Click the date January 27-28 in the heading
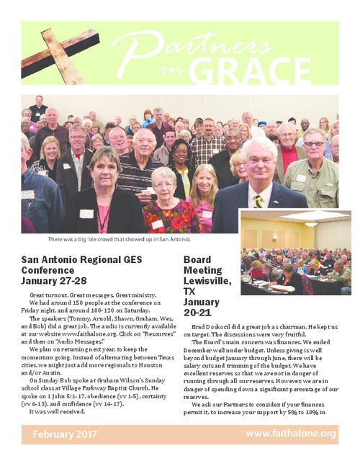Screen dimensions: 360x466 [54, 280]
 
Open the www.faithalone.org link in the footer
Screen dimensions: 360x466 [291, 434]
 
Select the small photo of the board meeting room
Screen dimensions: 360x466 [296, 264]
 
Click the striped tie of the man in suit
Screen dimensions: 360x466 [258, 201]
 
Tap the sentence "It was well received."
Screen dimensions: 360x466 [55, 411]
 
